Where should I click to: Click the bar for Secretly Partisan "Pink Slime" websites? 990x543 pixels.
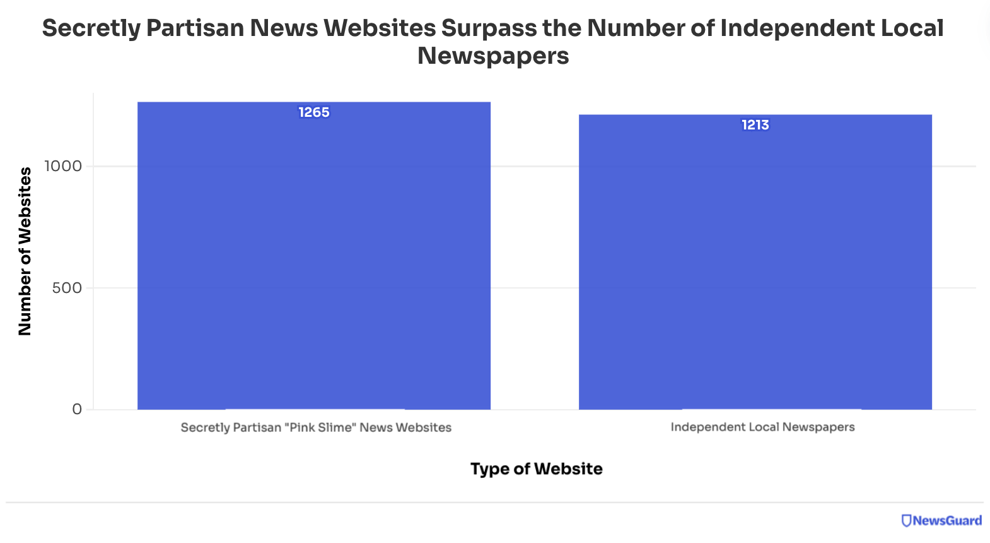pos(314,265)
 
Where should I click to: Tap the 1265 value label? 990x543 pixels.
pos(314,112)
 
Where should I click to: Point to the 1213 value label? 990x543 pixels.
pos(755,125)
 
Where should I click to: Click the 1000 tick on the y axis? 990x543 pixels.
pos(63,166)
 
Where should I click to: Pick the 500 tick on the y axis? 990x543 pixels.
pos(67,288)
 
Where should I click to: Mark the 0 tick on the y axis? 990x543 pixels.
pos(77,409)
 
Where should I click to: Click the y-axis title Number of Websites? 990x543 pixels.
pos(25,251)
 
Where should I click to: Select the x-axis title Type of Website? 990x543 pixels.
pos(536,468)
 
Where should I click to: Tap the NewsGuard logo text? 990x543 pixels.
pos(947,521)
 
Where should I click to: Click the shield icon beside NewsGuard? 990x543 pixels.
pos(906,521)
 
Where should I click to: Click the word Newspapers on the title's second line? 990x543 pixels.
pos(493,56)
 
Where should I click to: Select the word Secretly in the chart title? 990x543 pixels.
pos(91,28)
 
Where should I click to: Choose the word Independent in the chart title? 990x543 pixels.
pos(797,28)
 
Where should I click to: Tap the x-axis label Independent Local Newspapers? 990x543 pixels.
pos(762,427)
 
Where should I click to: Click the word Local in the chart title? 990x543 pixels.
pos(912,28)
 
